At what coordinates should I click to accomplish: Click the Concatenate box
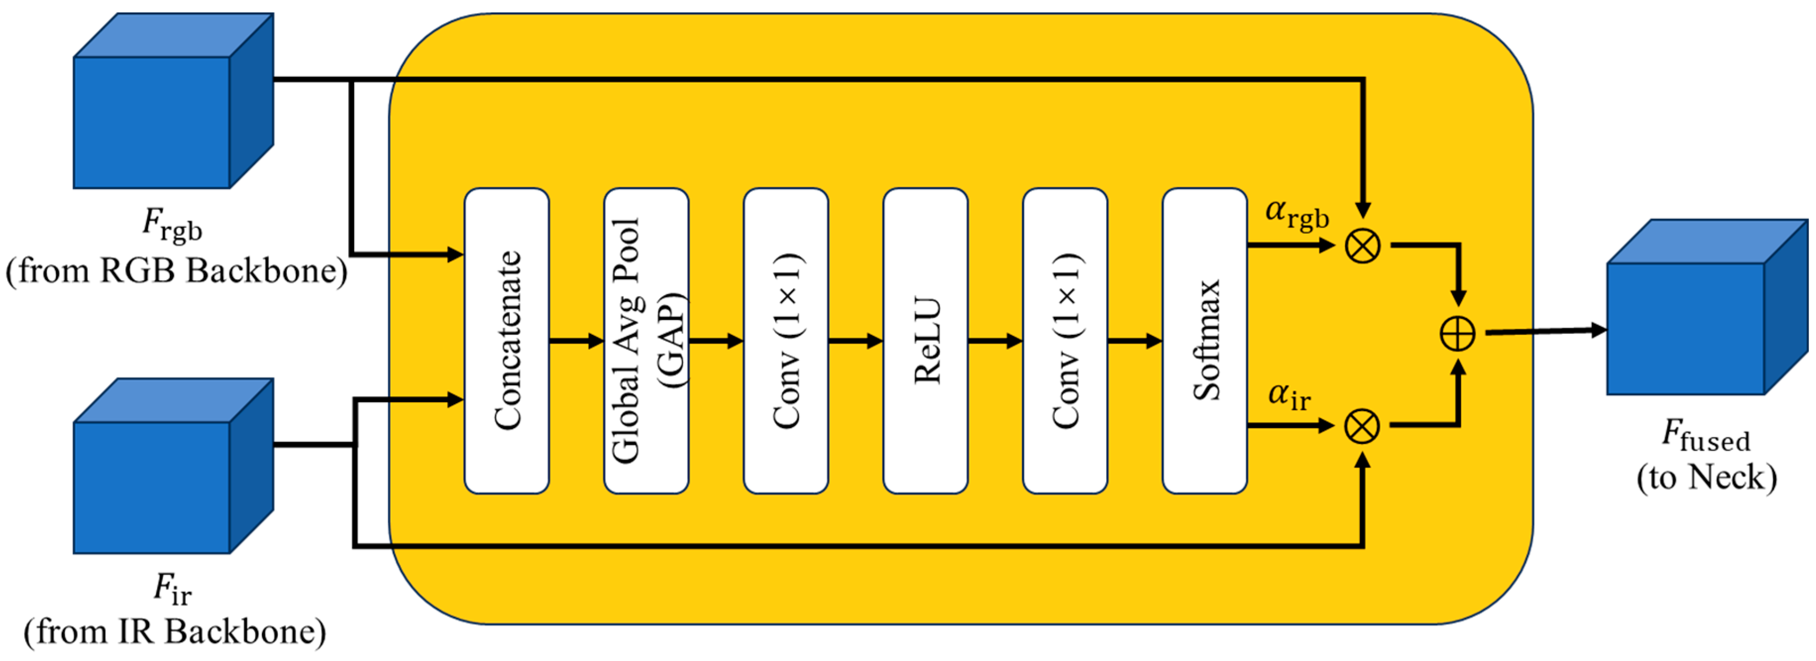pyautogui.click(x=506, y=341)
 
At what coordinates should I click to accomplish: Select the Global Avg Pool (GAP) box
pyautogui.click(x=646, y=341)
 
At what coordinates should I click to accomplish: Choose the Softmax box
pyautogui.click(x=1204, y=341)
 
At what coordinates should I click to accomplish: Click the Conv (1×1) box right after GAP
pyautogui.click(x=785, y=341)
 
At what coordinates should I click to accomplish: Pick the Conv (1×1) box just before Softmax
pyautogui.click(x=1065, y=341)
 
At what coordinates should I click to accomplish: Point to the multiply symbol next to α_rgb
pyautogui.click(x=1362, y=246)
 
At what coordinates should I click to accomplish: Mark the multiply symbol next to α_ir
pyautogui.click(x=1362, y=426)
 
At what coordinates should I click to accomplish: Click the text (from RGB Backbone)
pyautogui.click(x=176, y=271)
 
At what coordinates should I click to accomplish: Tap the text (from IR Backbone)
pyautogui.click(x=175, y=631)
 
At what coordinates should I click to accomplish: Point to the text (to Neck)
pyautogui.click(x=1706, y=478)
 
